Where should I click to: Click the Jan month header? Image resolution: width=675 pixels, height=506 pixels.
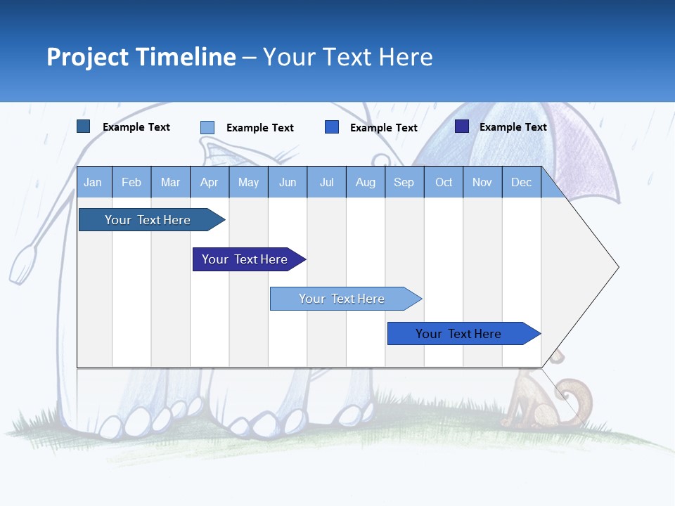(x=94, y=182)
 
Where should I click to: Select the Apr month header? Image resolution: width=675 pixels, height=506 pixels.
(x=210, y=182)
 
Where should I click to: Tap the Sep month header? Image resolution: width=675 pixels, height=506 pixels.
(x=404, y=182)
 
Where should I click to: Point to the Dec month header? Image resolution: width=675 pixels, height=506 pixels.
(x=521, y=182)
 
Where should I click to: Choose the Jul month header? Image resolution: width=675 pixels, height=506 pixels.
(x=326, y=182)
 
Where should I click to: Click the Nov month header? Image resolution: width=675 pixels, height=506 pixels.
(x=482, y=182)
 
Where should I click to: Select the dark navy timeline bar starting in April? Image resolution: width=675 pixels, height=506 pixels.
(x=246, y=259)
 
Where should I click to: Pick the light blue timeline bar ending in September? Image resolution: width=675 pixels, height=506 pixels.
(x=343, y=299)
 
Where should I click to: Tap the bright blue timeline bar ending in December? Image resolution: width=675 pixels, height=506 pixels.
(x=461, y=334)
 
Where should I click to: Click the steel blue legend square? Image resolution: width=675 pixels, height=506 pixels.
(x=84, y=126)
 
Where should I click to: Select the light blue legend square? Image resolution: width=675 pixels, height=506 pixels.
(x=207, y=127)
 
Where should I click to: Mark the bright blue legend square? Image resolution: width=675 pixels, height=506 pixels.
(x=332, y=127)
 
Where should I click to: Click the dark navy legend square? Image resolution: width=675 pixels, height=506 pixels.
(x=462, y=126)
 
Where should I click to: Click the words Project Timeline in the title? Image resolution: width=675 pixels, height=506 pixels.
(x=141, y=57)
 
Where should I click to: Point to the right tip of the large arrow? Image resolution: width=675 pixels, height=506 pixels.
(x=617, y=267)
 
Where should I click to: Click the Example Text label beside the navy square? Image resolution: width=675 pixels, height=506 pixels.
(x=513, y=127)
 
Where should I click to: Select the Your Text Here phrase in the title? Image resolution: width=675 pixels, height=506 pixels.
(x=347, y=57)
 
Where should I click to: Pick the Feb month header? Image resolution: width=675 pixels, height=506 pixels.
(x=131, y=182)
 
